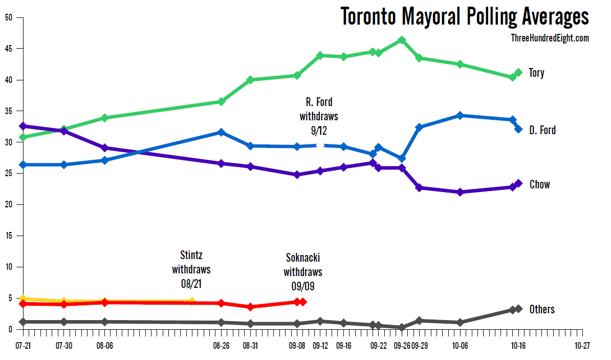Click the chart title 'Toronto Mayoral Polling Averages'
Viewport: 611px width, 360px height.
click(465, 16)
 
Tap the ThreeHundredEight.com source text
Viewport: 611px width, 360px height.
click(550, 38)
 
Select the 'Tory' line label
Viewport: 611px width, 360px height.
click(537, 73)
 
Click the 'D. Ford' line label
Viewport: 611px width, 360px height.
click(542, 130)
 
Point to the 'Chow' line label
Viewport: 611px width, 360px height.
click(539, 184)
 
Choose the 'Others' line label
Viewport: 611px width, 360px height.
click(542, 309)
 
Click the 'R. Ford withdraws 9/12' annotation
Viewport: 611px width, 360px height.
click(319, 116)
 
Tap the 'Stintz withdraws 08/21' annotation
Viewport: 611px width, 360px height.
click(191, 269)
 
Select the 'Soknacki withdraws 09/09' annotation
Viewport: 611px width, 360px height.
click(303, 272)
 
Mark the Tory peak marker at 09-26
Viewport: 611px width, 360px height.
click(402, 40)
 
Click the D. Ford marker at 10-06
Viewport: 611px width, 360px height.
click(460, 116)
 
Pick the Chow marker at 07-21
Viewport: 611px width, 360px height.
click(23, 126)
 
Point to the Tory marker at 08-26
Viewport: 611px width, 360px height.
click(221, 101)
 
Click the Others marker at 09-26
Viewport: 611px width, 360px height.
click(402, 327)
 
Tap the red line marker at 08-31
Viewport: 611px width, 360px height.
click(250, 307)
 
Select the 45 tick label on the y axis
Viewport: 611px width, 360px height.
click(9, 49)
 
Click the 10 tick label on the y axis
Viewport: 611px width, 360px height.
click(9, 267)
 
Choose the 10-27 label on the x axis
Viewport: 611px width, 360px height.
click(582, 346)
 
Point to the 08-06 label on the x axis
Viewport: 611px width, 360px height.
click(104, 346)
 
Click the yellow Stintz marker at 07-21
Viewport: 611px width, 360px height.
click(23, 299)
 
